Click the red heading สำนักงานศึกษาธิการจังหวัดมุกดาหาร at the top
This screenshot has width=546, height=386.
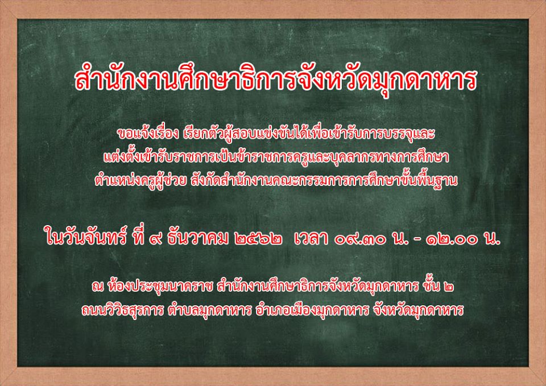275,80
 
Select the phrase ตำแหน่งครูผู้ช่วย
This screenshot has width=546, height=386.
140,181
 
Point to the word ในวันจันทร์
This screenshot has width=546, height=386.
86,239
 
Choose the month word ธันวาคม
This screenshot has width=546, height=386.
198,238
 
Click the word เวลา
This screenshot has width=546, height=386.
311,239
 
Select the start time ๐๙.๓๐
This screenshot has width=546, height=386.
361,240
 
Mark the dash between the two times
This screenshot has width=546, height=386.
416,240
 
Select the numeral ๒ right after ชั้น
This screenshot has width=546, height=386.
449,288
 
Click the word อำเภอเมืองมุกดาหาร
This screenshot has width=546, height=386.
311,310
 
